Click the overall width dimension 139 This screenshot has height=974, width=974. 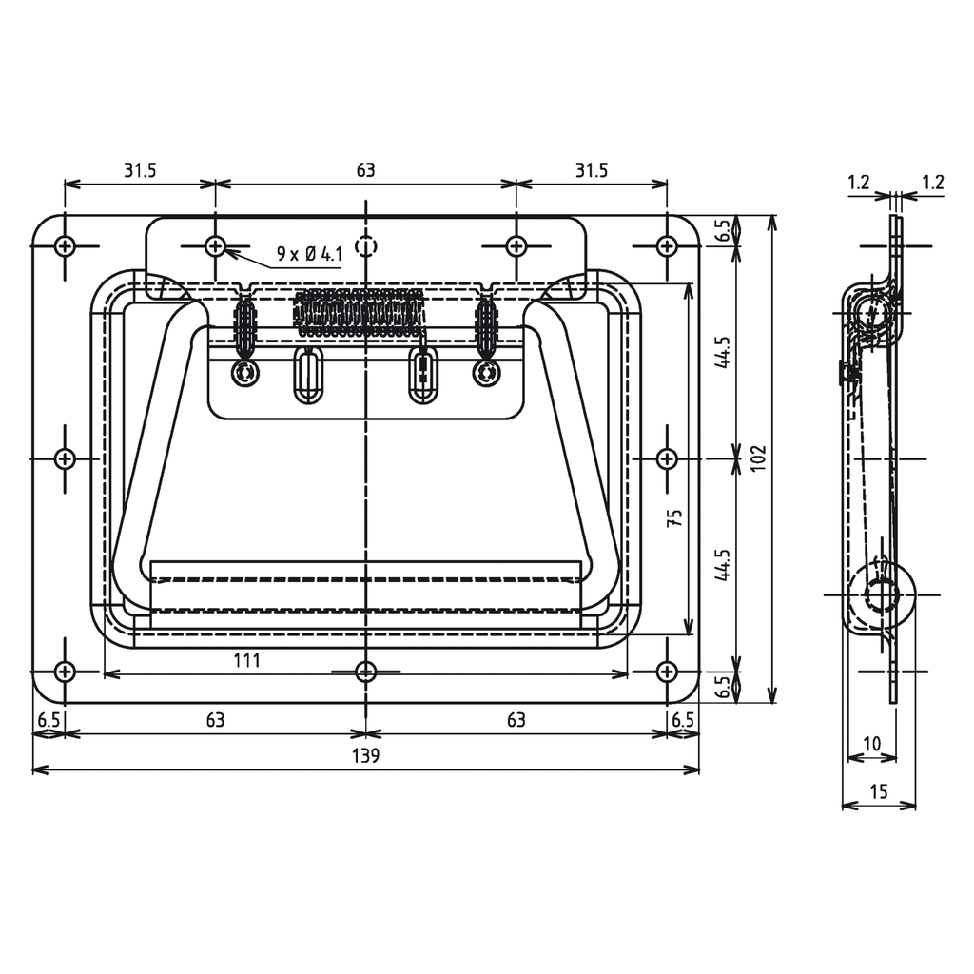(x=365, y=756)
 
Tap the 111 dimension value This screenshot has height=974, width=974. (x=245, y=660)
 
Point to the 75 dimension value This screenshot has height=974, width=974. (x=674, y=518)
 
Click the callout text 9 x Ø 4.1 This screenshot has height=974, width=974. (x=308, y=254)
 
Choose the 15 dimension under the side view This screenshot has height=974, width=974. (x=878, y=791)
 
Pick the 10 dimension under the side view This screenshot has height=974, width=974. (x=871, y=743)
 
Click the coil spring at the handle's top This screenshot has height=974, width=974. (x=358, y=311)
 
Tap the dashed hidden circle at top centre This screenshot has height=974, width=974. (x=365, y=246)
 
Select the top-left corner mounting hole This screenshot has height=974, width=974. (x=65, y=246)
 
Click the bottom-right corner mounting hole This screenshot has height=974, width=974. (x=667, y=672)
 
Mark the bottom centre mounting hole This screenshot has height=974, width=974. (x=365, y=672)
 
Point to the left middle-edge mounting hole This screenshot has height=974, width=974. (x=65, y=458)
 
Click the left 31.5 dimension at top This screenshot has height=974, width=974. (x=139, y=170)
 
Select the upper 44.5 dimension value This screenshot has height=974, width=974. (x=724, y=352)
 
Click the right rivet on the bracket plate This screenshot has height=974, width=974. (x=486, y=374)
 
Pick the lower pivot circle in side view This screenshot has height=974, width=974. (x=882, y=593)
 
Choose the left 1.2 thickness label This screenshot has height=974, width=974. (x=858, y=183)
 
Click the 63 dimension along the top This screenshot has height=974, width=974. (x=365, y=170)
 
